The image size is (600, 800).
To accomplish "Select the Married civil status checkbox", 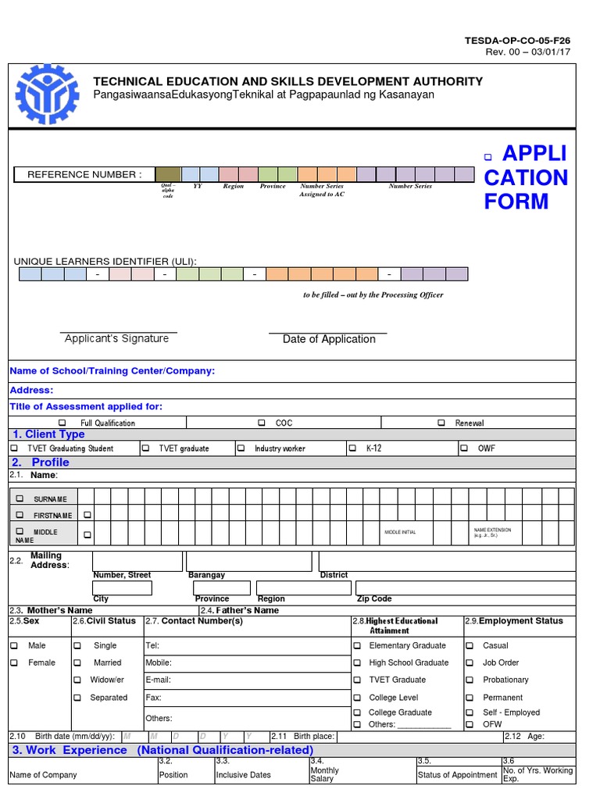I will (77, 663).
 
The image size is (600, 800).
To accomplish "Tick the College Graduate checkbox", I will (357, 713).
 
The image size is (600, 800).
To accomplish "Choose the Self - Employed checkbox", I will (470, 713).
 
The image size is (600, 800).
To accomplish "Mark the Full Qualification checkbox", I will (62, 423).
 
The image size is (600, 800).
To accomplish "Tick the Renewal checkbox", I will (442, 423).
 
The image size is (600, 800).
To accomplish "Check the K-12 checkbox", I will (352, 449).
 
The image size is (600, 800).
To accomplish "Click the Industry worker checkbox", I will (241, 449).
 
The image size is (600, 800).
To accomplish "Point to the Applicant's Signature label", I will (116, 339).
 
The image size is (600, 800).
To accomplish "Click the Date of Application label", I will (329, 339).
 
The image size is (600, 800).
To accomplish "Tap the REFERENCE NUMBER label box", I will (84, 175).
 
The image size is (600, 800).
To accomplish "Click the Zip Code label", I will (374, 599).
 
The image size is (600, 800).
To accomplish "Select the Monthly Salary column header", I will (324, 774).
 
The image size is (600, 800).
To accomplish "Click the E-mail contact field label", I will (159, 680).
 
